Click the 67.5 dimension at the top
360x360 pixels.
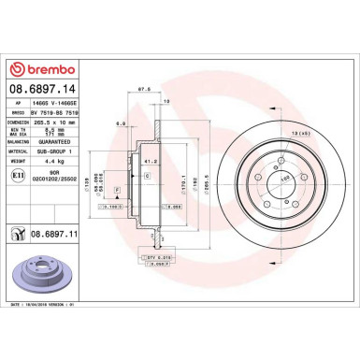pyautogui.click(x=145, y=90)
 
